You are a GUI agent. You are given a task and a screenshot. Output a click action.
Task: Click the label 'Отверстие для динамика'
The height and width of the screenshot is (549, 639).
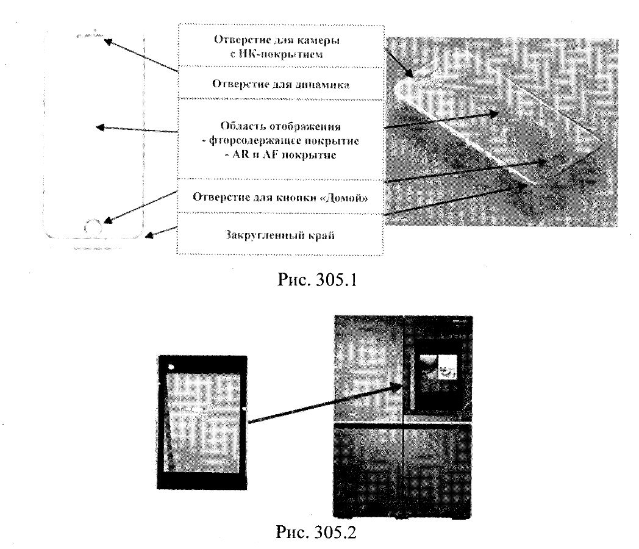(280, 84)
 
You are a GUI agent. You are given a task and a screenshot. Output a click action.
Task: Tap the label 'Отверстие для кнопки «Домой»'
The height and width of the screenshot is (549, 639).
(280, 197)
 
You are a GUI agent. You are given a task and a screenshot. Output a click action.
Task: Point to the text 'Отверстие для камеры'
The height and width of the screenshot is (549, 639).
(276, 41)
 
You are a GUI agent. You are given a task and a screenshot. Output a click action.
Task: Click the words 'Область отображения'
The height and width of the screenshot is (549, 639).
(280, 126)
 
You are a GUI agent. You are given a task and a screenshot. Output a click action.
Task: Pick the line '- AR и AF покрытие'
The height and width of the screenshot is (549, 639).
(280, 155)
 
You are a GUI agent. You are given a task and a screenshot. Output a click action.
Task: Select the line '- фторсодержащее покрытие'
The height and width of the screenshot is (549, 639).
(280, 141)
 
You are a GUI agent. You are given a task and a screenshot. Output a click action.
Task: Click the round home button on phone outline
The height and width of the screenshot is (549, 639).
(93, 226)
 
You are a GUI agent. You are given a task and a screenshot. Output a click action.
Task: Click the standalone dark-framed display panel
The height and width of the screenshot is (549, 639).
(202, 422)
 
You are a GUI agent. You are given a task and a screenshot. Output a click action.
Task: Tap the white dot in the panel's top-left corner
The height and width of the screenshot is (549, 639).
(171, 367)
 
